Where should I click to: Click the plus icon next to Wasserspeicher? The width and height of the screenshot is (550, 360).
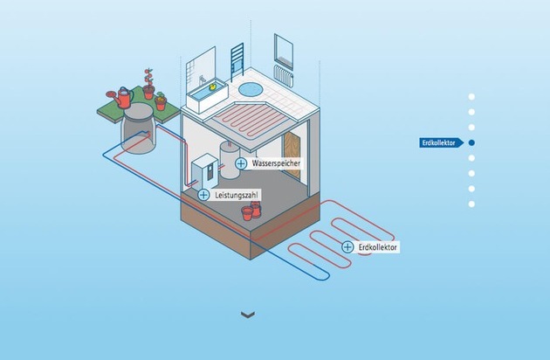pos(241,163)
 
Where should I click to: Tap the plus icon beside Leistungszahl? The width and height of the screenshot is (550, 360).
pos(203,195)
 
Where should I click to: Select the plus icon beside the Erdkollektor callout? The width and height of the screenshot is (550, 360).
pos(347,247)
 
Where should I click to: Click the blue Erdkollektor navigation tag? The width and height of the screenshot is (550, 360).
pos(441,142)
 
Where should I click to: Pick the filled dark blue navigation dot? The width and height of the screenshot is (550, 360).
pos(471,142)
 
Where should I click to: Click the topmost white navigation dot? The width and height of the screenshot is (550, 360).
pos(471,97)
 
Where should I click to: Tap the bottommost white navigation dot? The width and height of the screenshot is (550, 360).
pos(471,204)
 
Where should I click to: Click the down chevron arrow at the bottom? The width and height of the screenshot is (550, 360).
pos(248,315)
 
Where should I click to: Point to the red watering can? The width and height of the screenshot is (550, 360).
pos(121,97)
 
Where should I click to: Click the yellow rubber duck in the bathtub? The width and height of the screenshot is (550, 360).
pos(212,87)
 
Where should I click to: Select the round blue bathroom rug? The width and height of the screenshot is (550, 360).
pos(251,89)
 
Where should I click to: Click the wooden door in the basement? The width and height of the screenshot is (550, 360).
pos(292,155)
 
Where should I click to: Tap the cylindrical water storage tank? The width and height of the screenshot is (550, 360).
pos(230,160)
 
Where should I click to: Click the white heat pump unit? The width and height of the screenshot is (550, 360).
pos(205,172)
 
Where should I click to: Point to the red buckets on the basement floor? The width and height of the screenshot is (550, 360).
pos(251,211)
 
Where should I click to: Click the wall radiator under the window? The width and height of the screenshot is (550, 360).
pos(284,76)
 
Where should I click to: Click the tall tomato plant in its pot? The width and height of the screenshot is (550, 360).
pos(149,84)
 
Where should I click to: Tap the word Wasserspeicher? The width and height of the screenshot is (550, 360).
pos(276,163)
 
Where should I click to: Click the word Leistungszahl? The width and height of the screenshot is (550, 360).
pos(237,195)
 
